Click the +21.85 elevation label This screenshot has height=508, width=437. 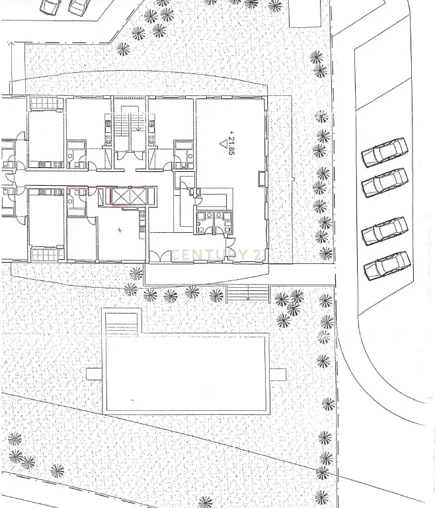[231, 143]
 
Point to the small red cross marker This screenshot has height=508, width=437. [120, 230]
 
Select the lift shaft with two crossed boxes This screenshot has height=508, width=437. [130, 196]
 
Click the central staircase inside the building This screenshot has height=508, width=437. [130, 125]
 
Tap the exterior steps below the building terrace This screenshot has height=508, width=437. [248, 292]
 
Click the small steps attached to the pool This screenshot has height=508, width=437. [122, 325]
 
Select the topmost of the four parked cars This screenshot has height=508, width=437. [384, 152]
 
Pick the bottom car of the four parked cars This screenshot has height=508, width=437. [387, 266]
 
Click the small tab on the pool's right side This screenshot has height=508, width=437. [278, 374]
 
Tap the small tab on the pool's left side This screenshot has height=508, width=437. [95, 374]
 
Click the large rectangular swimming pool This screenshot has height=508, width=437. [186, 374]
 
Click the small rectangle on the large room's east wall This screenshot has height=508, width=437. [262, 179]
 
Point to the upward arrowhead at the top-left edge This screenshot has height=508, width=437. [11, 44]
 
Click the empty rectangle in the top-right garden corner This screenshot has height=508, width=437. [305, 14]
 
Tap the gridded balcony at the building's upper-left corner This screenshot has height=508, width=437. [47, 103]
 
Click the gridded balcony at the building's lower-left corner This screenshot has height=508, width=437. [48, 255]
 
